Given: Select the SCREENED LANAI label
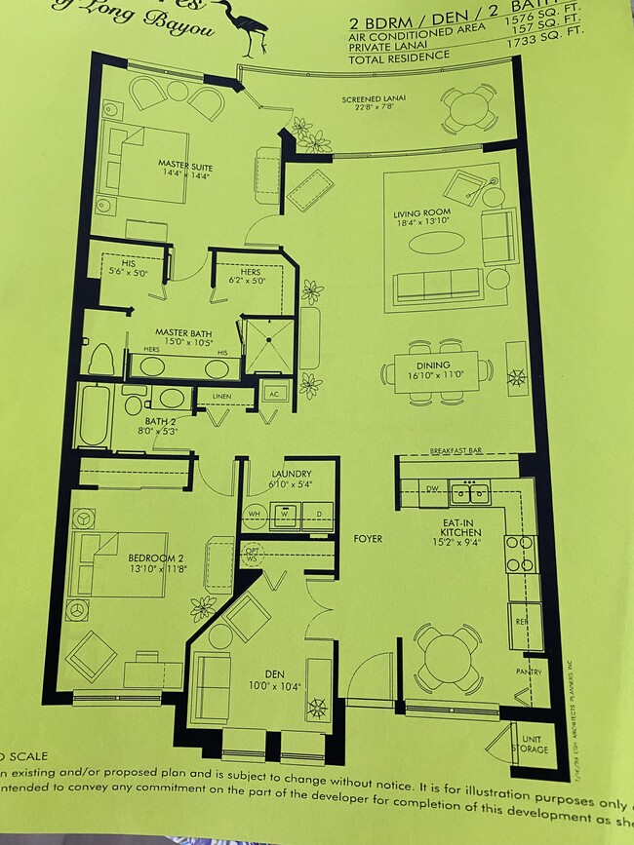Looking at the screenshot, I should click(x=369, y=99).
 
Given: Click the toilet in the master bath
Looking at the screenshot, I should click(x=101, y=359).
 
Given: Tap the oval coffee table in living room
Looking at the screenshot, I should click(x=436, y=244).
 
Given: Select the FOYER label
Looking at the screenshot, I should click(x=368, y=538).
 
